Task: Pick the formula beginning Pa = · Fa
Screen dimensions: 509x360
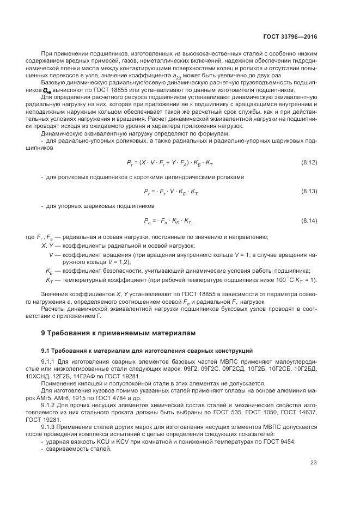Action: pos(168,220)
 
